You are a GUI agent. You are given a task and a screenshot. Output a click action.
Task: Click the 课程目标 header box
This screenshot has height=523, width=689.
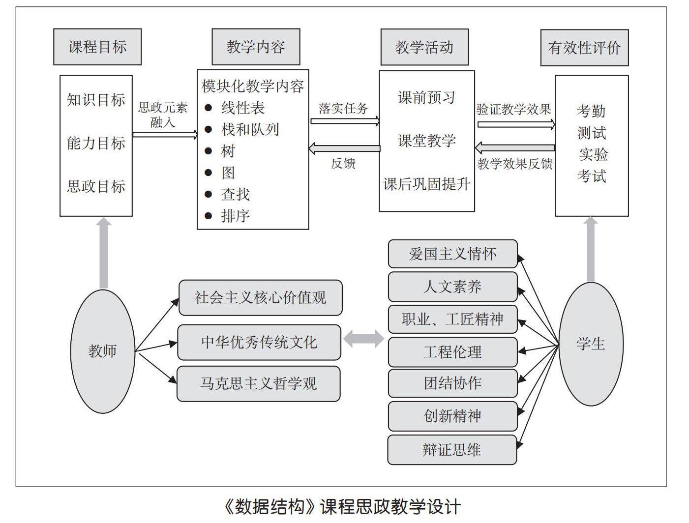97,47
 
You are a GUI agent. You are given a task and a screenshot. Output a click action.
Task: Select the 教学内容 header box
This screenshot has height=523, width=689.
256,47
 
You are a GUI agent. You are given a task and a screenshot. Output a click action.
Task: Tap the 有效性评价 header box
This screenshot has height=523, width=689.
584,48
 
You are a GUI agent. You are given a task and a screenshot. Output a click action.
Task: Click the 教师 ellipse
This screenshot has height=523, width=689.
103,351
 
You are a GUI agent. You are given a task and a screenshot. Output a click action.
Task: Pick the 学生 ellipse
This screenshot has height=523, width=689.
591,344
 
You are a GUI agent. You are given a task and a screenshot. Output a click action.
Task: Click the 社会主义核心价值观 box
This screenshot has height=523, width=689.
260,298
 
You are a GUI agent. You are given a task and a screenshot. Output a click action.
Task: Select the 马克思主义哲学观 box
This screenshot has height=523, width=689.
258,383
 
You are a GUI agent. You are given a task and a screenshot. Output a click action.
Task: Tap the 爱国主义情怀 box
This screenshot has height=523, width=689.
452,254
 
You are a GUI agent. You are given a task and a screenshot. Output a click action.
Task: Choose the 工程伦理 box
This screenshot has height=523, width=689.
452,352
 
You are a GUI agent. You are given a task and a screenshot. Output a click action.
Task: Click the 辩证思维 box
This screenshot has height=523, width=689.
452,450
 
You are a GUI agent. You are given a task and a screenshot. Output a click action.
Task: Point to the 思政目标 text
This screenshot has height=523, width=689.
96,186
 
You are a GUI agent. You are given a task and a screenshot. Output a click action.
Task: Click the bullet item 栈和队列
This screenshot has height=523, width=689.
250,129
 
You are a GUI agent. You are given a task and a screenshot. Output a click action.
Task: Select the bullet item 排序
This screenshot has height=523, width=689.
235,215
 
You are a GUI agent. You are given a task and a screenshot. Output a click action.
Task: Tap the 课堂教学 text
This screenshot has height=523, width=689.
426,141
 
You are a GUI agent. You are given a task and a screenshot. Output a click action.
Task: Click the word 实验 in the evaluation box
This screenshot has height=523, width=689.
593,154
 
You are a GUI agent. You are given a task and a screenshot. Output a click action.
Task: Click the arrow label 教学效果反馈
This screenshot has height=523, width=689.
515,164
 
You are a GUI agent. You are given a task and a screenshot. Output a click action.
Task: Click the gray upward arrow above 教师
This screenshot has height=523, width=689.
104,253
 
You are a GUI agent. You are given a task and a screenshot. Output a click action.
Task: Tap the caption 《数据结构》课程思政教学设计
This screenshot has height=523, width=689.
341,506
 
